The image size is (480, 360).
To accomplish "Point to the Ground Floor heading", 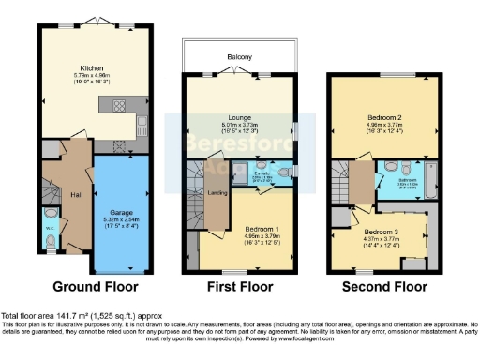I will coord(95,286).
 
